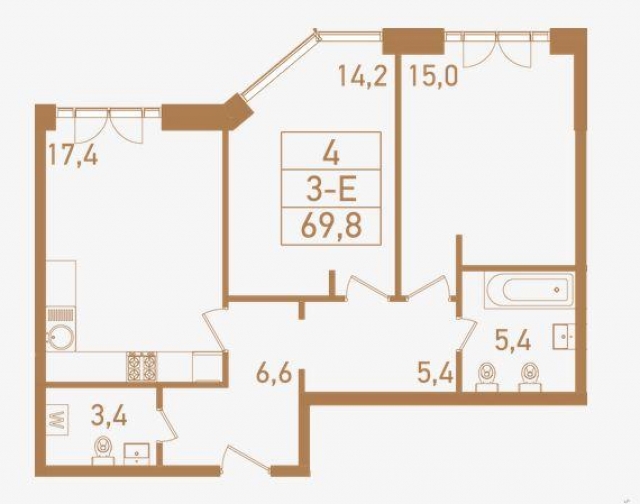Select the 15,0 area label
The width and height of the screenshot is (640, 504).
[x=431, y=76]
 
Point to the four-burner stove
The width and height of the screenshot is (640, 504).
[x=141, y=367]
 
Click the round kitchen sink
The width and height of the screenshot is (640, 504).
[x=58, y=335]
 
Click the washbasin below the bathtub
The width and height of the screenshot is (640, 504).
[x=566, y=337]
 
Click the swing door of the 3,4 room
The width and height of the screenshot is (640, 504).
[x=166, y=420]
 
